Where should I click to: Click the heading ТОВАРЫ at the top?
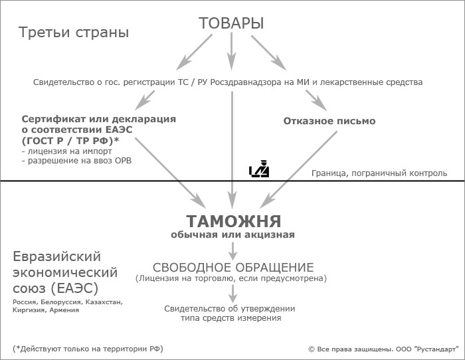pyautogui.click(x=231, y=23)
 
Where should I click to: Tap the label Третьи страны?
pyautogui.click(x=74, y=33)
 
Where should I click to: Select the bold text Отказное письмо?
pyautogui.click(x=329, y=121)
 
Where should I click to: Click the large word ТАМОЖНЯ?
pyautogui.click(x=234, y=221)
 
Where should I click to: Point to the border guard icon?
pyautogui.click(x=259, y=169)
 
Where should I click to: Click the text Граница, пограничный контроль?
pyautogui.click(x=379, y=173)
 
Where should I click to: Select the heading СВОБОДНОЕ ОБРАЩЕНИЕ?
pyautogui.click(x=233, y=268)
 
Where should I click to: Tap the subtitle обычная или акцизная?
pyautogui.click(x=232, y=234)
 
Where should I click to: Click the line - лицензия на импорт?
pyautogui.click(x=66, y=151)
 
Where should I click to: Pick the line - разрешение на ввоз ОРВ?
pyautogui.click(x=76, y=161)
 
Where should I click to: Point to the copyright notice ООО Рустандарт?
pyautogui.click(x=383, y=349)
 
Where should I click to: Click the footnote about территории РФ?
pyautogui.click(x=88, y=349)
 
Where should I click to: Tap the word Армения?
pyautogui.click(x=64, y=310)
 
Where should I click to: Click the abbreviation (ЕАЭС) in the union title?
pyautogui.click(x=74, y=288)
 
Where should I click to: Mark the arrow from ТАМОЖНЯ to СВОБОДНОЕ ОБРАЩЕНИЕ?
pyautogui.click(x=233, y=251)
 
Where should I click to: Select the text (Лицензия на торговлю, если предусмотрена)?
pyautogui.click(x=231, y=278)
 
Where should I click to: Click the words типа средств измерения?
pyautogui.click(x=231, y=318)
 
